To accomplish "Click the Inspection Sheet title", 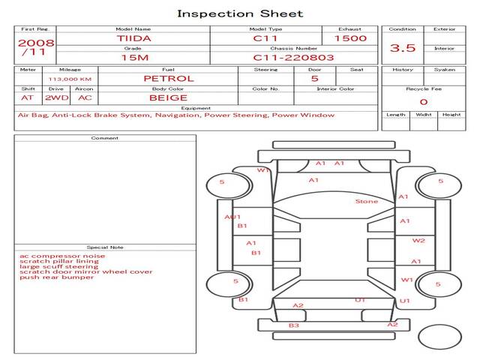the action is pyautogui.click(x=240, y=13).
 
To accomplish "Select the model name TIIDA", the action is pyautogui.click(x=133, y=38).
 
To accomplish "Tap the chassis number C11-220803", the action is pyautogui.click(x=293, y=58).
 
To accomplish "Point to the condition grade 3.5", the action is pyautogui.click(x=403, y=48).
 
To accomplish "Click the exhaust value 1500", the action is pyautogui.click(x=350, y=38).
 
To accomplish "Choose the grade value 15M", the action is pyautogui.click(x=135, y=58).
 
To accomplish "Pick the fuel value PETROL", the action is pyautogui.click(x=169, y=79).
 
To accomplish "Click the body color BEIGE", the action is pyautogui.click(x=168, y=98).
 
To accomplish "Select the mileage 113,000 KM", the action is pyautogui.click(x=70, y=79).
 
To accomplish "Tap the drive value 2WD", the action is pyautogui.click(x=57, y=98).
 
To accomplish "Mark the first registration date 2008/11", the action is pyautogui.click(x=36, y=46).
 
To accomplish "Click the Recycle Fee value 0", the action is pyautogui.click(x=424, y=102).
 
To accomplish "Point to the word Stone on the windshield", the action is pyautogui.click(x=367, y=202).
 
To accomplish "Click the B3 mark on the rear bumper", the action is pyautogui.click(x=293, y=325).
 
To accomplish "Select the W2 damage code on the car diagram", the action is pyautogui.click(x=418, y=241).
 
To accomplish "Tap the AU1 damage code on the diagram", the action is pyautogui.click(x=232, y=217).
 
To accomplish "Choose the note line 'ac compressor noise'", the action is pyautogui.click(x=62, y=256).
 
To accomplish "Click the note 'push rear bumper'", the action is pyautogui.click(x=57, y=277).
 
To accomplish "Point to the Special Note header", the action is pyautogui.click(x=105, y=247).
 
